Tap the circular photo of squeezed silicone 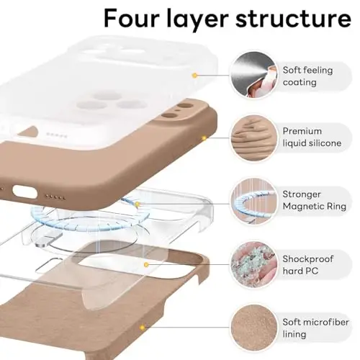[251, 136]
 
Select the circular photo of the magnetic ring [251, 199]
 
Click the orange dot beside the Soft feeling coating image [194, 74]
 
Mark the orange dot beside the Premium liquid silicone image [204, 136]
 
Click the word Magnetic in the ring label [305, 207]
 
